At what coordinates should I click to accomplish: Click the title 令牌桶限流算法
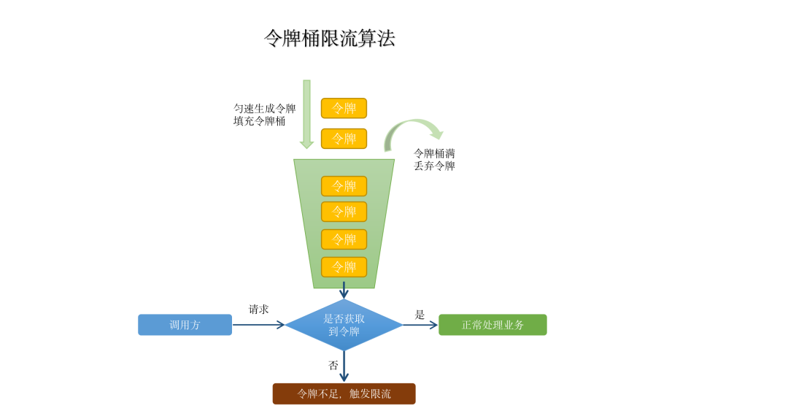click(x=329, y=39)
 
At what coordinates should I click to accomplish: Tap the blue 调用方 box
click(x=185, y=325)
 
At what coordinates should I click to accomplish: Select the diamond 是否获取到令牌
click(x=344, y=325)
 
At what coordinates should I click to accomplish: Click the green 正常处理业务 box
click(x=492, y=325)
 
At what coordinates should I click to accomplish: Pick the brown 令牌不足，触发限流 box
click(x=344, y=393)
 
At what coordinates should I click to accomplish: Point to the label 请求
click(x=258, y=310)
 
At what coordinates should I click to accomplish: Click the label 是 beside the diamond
click(x=420, y=315)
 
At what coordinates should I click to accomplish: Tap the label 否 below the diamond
click(x=333, y=365)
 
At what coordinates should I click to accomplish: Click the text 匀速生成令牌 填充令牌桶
click(x=264, y=115)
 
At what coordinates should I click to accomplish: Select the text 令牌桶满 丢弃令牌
click(x=434, y=159)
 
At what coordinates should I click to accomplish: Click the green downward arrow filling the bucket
click(x=306, y=114)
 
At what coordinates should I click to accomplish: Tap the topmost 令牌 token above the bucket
click(x=344, y=108)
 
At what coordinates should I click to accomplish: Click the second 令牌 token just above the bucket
click(x=344, y=139)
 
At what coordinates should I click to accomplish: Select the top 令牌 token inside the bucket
click(x=344, y=186)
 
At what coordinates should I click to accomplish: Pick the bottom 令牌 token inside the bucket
click(x=344, y=267)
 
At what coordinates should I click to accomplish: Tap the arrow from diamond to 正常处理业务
click(x=420, y=325)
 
